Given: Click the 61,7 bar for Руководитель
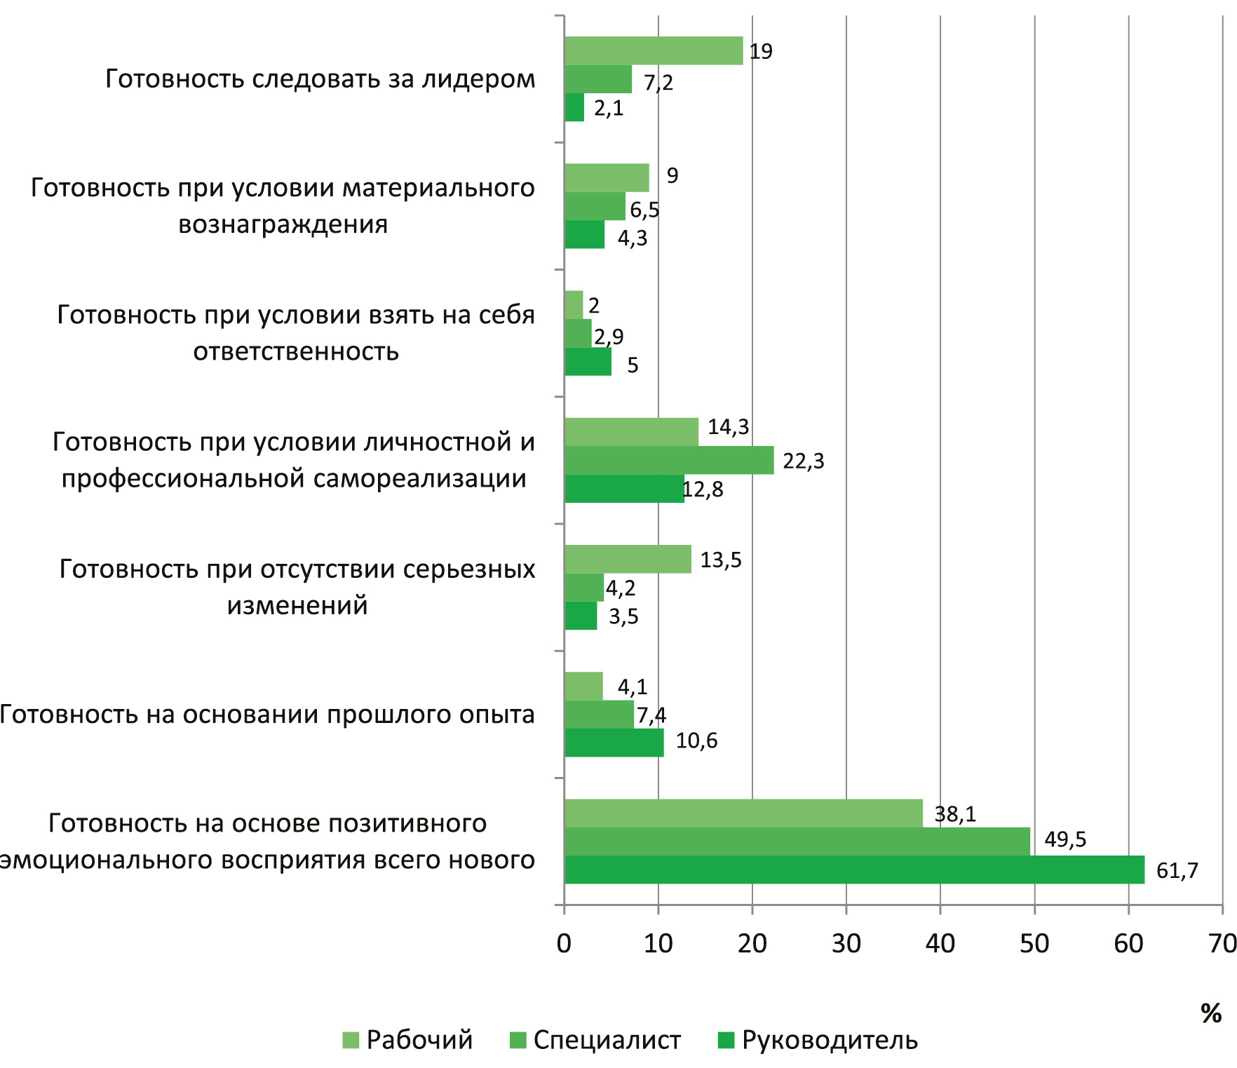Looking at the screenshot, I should [x=854, y=870].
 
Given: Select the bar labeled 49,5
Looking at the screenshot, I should [x=797, y=841].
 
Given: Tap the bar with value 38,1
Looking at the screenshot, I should [x=743, y=813].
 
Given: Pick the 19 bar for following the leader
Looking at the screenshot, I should [x=654, y=50].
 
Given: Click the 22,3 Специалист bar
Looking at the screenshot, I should [x=669, y=460].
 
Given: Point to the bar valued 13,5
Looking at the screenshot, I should [x=628, y=559].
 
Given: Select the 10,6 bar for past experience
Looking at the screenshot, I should [x=614, y=743].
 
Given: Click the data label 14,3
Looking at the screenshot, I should [x=728, y=427].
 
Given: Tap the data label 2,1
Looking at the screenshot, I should [x=609, y=109].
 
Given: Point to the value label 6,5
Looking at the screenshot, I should [x=644, y=210].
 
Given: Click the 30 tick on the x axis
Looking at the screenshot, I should [x=846, y=944].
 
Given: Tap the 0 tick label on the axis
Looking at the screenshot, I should [x=564, y=944].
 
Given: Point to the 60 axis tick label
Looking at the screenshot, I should [x=1128, y=944].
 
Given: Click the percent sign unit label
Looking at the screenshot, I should [x=1211, y=1013].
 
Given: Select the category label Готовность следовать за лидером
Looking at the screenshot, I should [x=320, y=79].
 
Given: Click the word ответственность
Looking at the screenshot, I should [x=296, y=351].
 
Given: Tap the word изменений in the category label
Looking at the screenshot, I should [x=297, y=605].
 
